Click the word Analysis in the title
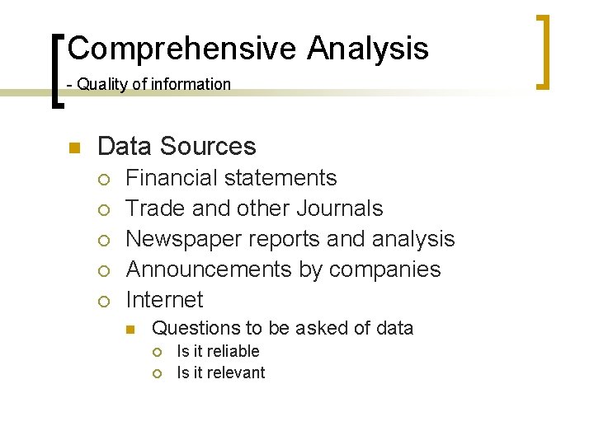coord(368,49)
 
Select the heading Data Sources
coord(177,147)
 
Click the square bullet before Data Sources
coord(72,148)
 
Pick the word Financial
coord(173,178)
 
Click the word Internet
coord(164,299)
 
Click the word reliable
coord(233,351)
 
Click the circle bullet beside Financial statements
coord(101,180)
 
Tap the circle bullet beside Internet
coord(101,301)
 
